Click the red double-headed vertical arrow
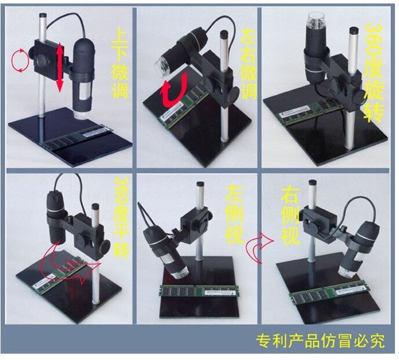coord(60,67)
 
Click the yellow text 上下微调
coord(119,65)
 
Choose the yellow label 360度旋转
coord(373,72)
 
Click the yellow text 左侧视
coord(234,214)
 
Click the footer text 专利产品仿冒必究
coord(320,341)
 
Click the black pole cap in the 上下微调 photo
coord(42,16)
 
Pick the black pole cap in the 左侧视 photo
coord(199,184)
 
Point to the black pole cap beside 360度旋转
coord(353,31)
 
